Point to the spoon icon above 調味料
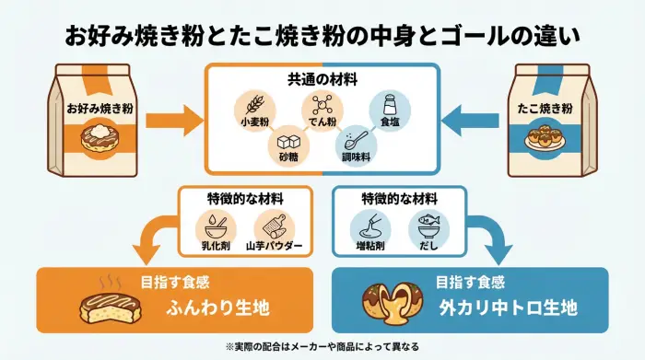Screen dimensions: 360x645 (355, 139)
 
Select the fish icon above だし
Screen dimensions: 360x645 (426, 225)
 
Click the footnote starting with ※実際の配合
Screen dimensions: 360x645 (322, 346)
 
